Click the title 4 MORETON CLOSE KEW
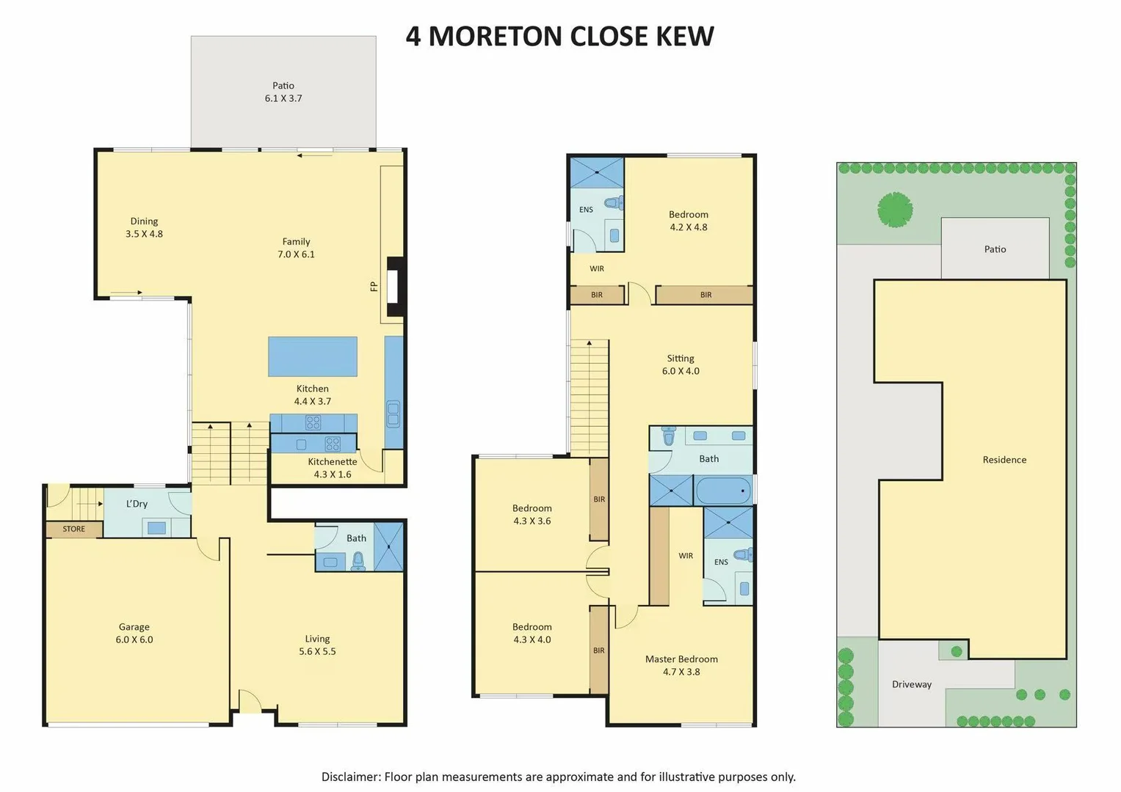point(559,36)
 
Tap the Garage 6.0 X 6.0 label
point(134,633)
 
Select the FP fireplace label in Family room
point(374,286)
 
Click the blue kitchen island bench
point(313,356)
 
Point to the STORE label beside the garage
point(73,529)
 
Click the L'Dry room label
point(137,504)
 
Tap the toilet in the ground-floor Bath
point(358,562)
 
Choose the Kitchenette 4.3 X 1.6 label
point(333,468)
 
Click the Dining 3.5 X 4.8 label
point(144,227)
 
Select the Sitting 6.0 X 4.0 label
point(681,364)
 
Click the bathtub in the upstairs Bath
point(723,491)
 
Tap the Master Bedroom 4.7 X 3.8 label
point(681,665)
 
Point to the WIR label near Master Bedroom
point(686,556)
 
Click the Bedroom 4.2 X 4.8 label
point(689,221)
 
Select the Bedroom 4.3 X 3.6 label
point(532,514)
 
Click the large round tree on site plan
point(895,210)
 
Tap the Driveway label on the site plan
point(912,684)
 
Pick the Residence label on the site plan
point(1004,460)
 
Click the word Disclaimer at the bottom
point(349,777)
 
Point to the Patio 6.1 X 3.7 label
point(283,92)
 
